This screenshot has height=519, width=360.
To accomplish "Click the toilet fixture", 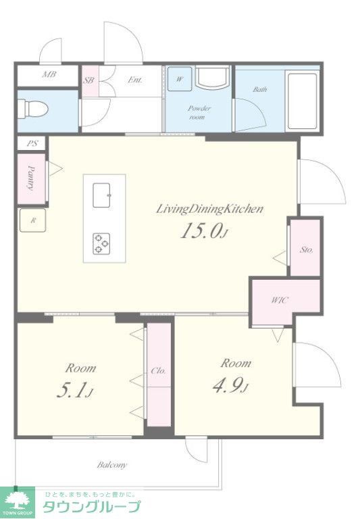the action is point(32,109).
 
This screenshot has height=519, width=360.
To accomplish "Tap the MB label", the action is point(49,74).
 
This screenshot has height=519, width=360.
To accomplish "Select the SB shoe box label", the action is point(88,80).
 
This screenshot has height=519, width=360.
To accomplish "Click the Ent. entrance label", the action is point(135,80).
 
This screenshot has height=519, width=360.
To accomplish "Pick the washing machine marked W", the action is point(180,79).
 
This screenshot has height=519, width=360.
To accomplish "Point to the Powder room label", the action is point(199,113).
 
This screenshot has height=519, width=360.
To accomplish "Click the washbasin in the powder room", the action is point(213,78).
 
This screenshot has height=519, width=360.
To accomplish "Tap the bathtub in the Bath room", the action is point(302,101).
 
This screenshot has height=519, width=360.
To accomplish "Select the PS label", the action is point(32,144).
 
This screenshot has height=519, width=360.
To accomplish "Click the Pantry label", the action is point(32,178).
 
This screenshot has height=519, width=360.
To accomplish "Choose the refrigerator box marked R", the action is point(32,220).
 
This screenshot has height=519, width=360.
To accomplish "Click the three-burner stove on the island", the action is point(101,244).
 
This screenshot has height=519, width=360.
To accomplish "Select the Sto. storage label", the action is point(307,249).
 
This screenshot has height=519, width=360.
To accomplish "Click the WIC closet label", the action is point(280,300).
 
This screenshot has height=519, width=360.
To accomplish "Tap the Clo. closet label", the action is point(158,371).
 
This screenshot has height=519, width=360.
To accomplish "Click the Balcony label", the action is point(112,465).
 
